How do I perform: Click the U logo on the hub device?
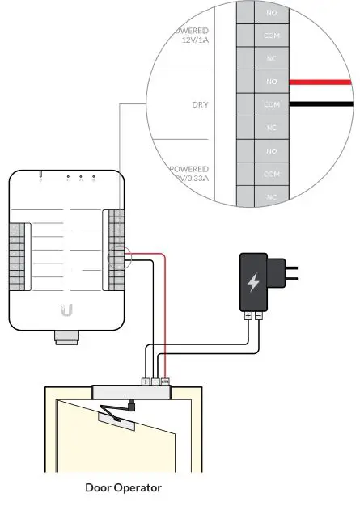[68, 309]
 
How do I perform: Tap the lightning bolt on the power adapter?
[253, 283]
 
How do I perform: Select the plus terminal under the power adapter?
[248, 317]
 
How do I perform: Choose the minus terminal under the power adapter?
[258, 317]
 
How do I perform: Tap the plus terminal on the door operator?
[146, 381]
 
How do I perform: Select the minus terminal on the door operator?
[155, 381]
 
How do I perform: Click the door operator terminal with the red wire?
[164, 381]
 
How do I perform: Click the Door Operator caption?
[123, 488]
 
